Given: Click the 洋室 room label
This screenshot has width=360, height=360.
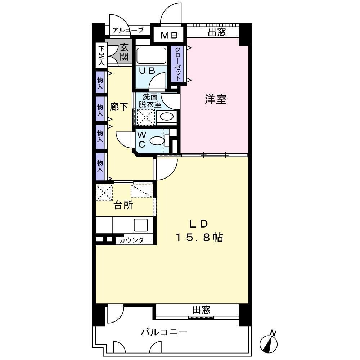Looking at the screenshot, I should point(216,99).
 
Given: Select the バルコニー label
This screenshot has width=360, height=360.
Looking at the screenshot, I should point(164,332).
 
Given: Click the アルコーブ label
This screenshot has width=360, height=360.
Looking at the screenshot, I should point(128,30).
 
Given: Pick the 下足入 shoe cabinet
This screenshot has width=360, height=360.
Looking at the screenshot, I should point(101,55).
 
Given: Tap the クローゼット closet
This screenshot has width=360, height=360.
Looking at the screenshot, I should point(178,65).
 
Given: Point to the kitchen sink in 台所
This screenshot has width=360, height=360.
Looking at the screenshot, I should point(140,225).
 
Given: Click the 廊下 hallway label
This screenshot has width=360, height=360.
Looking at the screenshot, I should point(118,107).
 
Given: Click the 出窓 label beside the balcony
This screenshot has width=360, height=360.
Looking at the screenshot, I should point(201,310).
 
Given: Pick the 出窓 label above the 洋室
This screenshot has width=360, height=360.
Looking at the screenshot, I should point(217,32).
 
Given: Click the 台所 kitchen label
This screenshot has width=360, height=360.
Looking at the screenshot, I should point(123,205).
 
